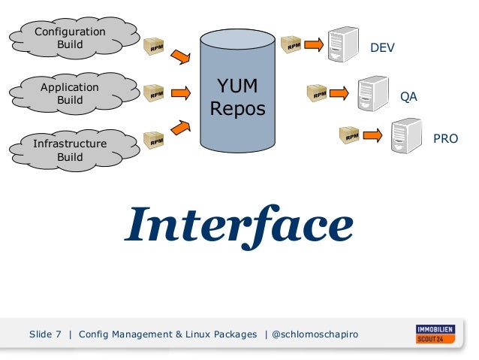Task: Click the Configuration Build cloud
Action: (x=71, y=37)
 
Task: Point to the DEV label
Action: (x=381, y=48)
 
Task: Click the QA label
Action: (x=408, y=98)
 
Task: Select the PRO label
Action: (x=445, y=139)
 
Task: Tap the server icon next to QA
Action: (x=372, y=93)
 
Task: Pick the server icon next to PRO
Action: (x=406, y=135)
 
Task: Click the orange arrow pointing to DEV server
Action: (x=313, y=45)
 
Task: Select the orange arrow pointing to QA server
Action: (x=339, y=93)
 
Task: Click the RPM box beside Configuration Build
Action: (x=155, y=46)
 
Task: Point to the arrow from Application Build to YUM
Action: (x=180, y=93)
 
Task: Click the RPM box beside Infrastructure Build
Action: (x=154, y=139)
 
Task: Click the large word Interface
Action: (x=239, y=225)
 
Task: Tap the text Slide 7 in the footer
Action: (x=45, y=334)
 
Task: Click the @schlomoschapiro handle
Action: (x=315, y=334)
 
